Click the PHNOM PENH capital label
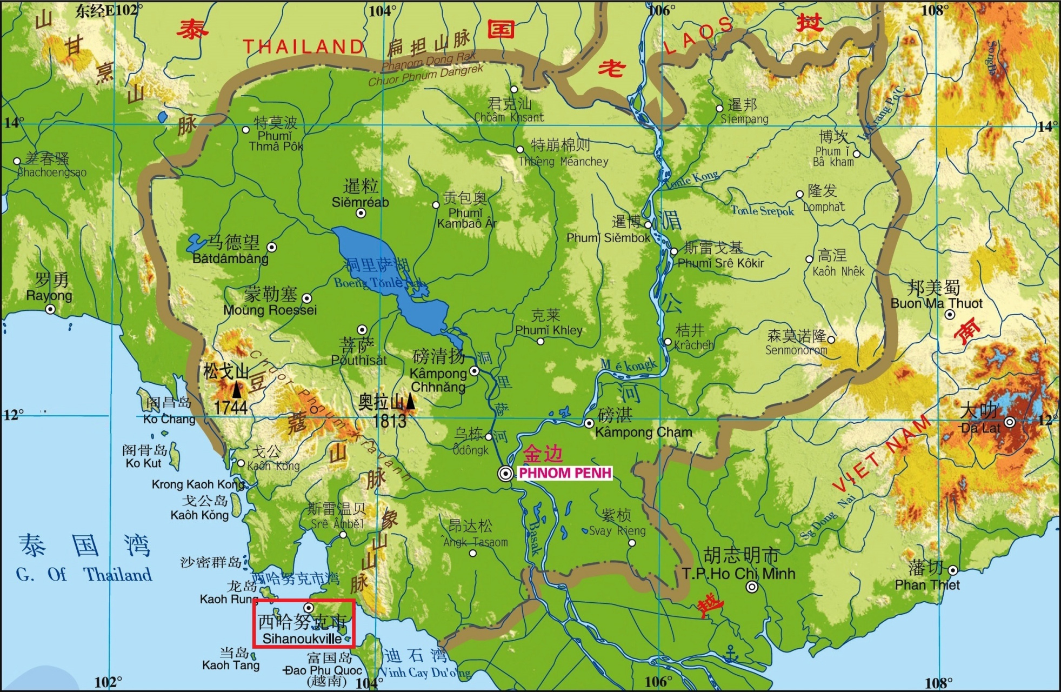(565, 473)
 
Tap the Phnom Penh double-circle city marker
(506, 474)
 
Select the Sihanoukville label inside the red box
(302, 638)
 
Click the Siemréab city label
(360, 202)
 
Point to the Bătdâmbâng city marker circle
(272, 247)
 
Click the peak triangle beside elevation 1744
(237, 389)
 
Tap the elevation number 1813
(389, 421)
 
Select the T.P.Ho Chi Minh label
(738, 574)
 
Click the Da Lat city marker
(1009, 422)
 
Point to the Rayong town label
(49, 296)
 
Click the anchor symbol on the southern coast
(731, 654)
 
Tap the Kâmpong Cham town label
(643, 432)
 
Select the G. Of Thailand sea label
(84, 574)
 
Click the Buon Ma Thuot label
(936, 303)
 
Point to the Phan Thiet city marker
(952, 570)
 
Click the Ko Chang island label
(169, 419)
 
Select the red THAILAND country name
(303, 47)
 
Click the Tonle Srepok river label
(763, 211)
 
